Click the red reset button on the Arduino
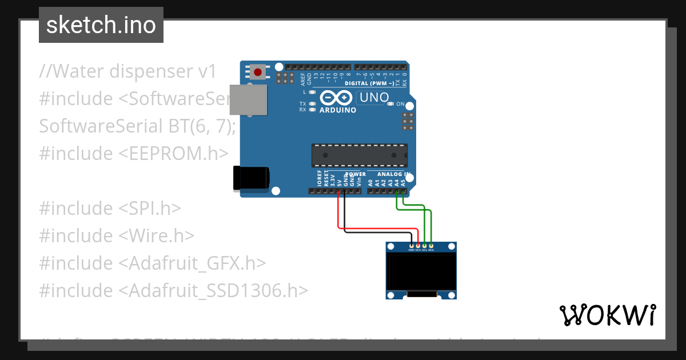click(x=258, y=72)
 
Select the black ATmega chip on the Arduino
click(x=359, y=155)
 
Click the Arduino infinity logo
click(x=337, y=98)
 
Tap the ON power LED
click(x=390, y=104)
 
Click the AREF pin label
click(x=303, y=78)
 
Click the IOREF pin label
click(x=320, y=179)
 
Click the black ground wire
click(x=377, y=233)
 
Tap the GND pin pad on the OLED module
click(x=411, y=246)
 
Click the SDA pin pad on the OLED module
click(x=431, y=246)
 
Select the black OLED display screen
click(x=422, y=271)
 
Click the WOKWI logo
click(x=607, y=315)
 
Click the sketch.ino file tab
click(x=101, y=25)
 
